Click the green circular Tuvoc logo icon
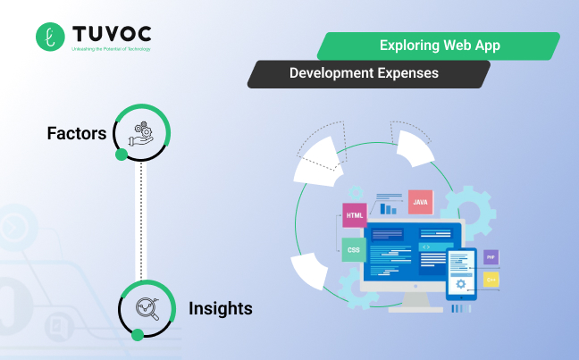tap(50, 37)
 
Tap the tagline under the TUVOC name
tap(111, 49)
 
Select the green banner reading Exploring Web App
tap(438, 46)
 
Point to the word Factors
tap(77, 134)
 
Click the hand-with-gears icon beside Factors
tap(142, 133)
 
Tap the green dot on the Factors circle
tap(122, 155)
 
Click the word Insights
tap(220, 309)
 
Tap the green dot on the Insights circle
tap(138, 335)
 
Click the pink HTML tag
tap(354, 216)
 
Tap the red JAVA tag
tap(420, 203)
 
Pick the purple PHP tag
tap(491, 257)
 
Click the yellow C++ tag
tap(491, 280)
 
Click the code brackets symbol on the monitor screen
tap(427, 247)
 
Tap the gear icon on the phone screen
tap(461, 284)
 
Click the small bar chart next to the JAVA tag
tap(389, 208)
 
